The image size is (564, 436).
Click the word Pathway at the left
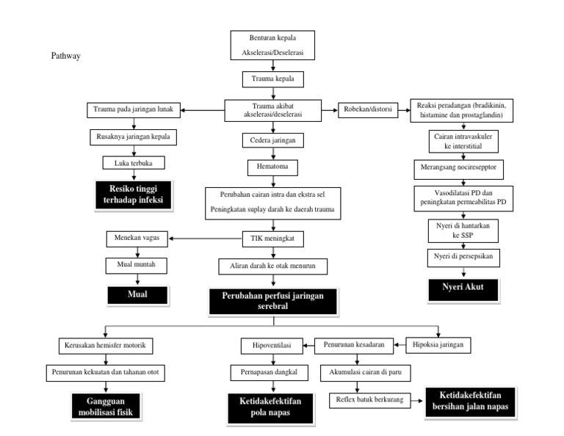pos(65,56)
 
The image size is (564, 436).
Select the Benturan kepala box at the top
pos(272,46)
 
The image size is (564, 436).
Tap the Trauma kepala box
pos(272,78)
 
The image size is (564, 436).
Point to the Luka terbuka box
pos(133,162)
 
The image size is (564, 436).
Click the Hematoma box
pos(272,168)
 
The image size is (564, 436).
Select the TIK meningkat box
pos(272,238)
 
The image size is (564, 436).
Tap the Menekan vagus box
pos(137,238)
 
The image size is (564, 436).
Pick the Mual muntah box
pos(137,264)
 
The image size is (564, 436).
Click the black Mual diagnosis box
pos(137,294)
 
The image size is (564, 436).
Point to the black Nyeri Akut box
pos(464,286)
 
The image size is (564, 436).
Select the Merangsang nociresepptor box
pos(464,168)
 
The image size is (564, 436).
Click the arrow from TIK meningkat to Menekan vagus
pos(206,238)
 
